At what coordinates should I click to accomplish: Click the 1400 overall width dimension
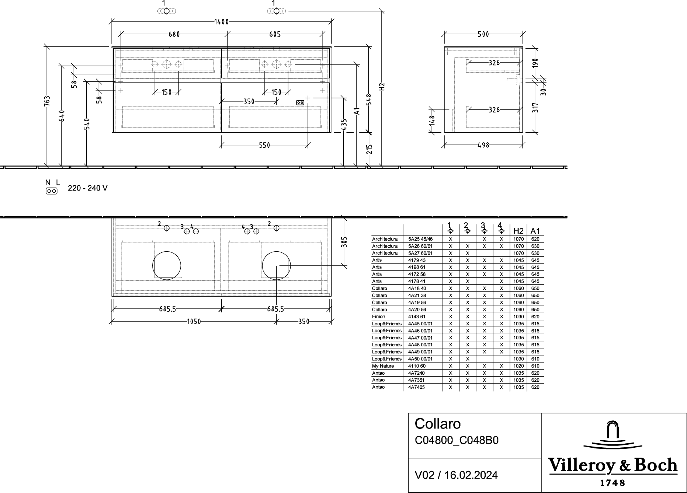(221, 22)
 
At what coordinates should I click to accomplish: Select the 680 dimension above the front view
(174, 34)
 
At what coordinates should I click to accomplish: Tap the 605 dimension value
(275, 34)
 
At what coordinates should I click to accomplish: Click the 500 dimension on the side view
(483, 34)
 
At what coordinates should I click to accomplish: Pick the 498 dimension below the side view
(483, 145)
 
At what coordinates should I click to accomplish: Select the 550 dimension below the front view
(264, 145)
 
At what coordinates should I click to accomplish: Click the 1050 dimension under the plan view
(194, 322)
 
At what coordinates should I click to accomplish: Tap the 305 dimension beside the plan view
(344, 242)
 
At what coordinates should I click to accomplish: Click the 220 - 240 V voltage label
(88, 188)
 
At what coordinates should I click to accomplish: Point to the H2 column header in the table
(518, 231)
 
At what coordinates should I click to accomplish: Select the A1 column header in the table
(535, 231)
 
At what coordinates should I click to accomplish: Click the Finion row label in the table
(378, 317)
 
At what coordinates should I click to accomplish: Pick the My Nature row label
(383, 366)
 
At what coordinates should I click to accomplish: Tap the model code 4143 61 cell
(417, 317)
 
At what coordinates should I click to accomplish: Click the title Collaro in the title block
(438, 424)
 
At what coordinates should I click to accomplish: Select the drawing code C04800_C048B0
(457, 440)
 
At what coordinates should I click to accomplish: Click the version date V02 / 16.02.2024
(456, 475)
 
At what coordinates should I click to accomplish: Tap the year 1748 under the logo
(613, 483)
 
